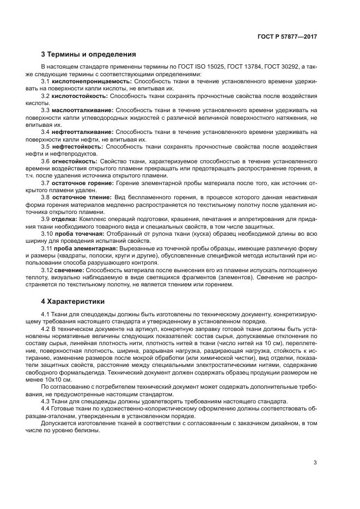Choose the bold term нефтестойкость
tap(77, 147)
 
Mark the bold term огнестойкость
tap(75, 162)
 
